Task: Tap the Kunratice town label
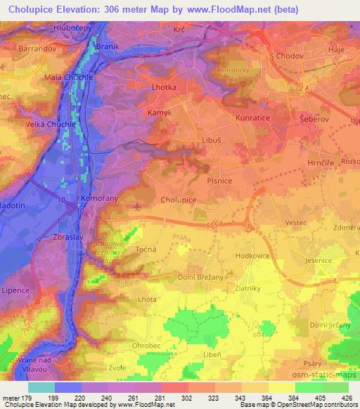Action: click(253, 118)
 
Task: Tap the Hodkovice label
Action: click(252, 257)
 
